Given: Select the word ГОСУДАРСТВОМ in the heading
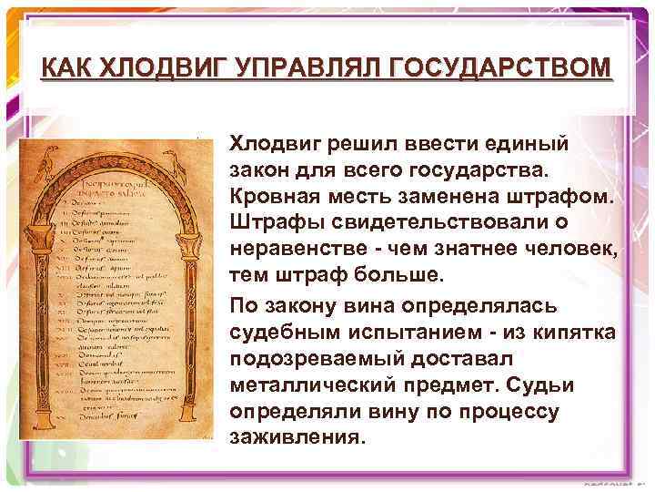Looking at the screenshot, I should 503,68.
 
